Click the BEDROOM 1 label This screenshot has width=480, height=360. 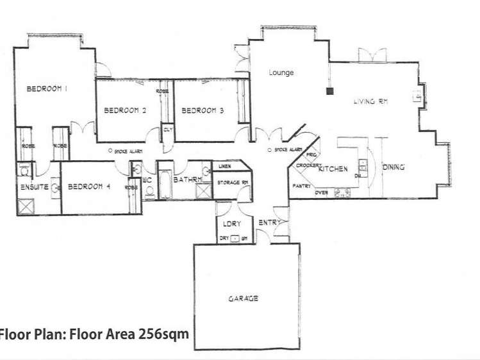click(x=47, y=90)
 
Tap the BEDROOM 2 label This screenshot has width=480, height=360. click(x=126, y=110)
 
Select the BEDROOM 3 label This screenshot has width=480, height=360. click(x=203, y=110)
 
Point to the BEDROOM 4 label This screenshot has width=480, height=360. click(x=90, y=187)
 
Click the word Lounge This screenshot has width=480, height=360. click(x=281, y=72)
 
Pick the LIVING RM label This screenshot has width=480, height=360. click(x=373, y=102)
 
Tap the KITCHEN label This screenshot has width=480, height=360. click(x=333, y=169)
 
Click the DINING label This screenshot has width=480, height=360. click(x=393, y=168)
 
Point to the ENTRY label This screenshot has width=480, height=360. click(x=268, y=222)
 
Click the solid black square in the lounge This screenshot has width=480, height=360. click(x=329, y=90)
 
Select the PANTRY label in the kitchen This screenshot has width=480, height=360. click(x=302, y=186)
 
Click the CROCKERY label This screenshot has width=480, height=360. click(x=309, y=165)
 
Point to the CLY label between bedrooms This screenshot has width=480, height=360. click(x=168, y=129)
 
